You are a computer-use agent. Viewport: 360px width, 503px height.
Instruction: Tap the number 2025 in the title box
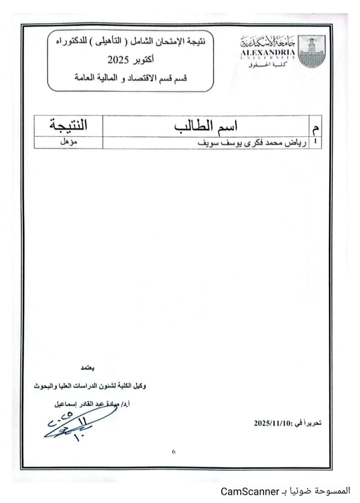(x=117, y=60)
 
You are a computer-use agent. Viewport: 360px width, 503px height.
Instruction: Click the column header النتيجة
(x=68, y=126)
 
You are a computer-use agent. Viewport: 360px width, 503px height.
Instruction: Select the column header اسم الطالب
(x=206, y=126)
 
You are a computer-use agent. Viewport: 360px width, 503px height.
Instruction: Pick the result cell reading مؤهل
(x=68, y=143)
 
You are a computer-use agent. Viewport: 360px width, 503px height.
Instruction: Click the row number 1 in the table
(x=316, y=143)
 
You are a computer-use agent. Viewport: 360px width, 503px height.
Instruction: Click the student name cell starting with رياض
(x=206, y=143)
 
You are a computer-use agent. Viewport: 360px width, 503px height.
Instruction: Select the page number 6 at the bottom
(x=174, y=452)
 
